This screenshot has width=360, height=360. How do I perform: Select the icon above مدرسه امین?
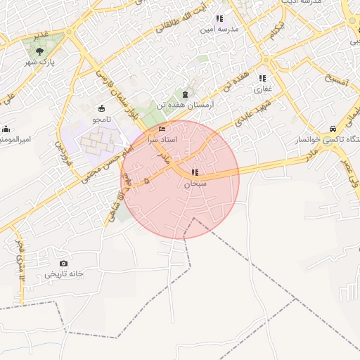tap(219, 19)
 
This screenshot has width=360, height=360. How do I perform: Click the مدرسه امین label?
tap(219, 30)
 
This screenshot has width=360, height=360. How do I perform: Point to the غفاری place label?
tap(262, 89)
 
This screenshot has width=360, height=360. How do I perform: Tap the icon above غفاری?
tap(262, 79)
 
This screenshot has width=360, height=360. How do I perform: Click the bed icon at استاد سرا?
tap(162, 129)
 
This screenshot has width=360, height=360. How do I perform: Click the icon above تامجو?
tap(102, 109)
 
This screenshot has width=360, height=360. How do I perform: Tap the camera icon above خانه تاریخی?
tap(65, 263)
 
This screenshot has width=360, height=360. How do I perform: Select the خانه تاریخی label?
tap(65, 274)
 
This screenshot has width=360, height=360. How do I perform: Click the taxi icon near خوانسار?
tap(332, 129)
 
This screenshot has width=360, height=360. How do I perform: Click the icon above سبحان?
tap(195, 172)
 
